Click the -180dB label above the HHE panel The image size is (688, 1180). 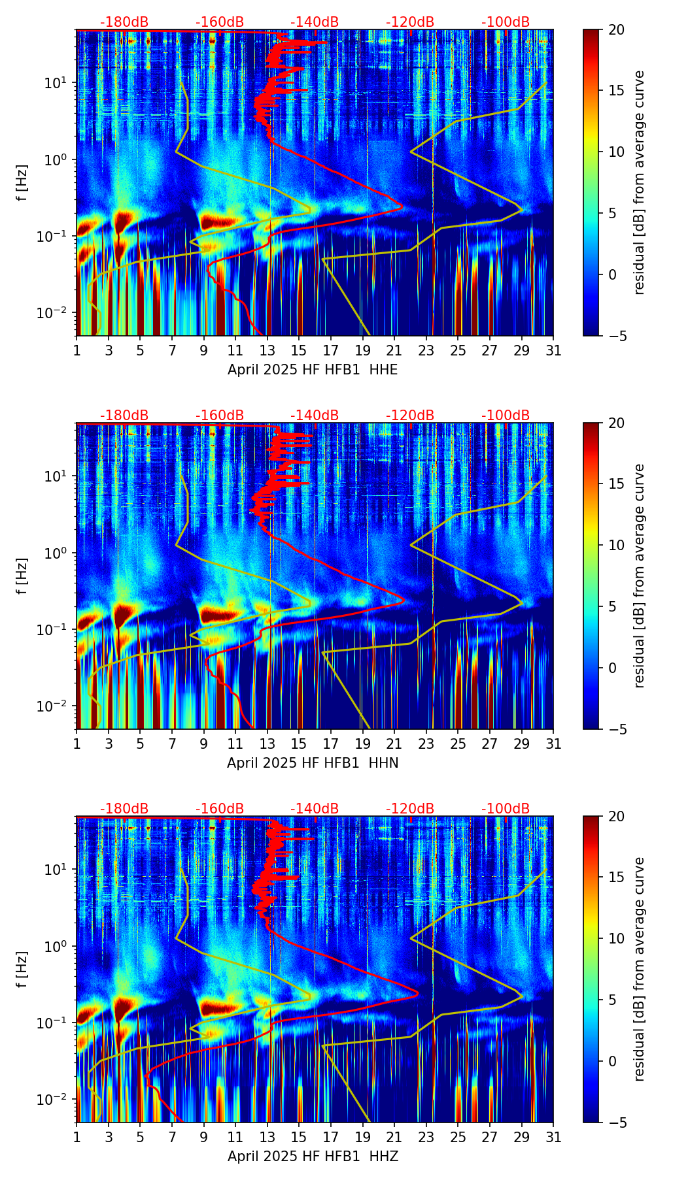pos(124,22)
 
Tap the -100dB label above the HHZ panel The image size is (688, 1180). pos(506,809)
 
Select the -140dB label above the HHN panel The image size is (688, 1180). pos(315,416)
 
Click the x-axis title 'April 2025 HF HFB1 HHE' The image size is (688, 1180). pos(313,370)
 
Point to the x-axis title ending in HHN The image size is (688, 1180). pos(313,763)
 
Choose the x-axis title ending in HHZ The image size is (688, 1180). pos(313,1156)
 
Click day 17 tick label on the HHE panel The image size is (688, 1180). pos(331,351)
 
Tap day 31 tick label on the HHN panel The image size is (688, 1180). pos(553,744)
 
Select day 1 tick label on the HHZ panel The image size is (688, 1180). pos(77,1138)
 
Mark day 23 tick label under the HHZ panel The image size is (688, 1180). pos(426,1138)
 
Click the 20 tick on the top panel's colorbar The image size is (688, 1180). pos(616,29)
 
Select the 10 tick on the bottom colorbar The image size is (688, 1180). pos(616,938)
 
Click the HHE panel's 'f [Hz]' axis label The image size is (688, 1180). pos(22,182)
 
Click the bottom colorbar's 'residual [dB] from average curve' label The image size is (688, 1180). pos(640,969)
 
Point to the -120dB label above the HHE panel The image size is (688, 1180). pos(410,22)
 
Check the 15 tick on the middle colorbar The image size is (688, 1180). pos(616,484)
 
